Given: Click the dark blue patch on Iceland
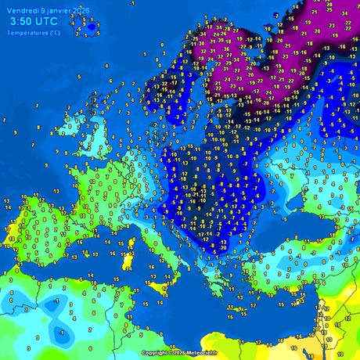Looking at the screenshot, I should [92, 27].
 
